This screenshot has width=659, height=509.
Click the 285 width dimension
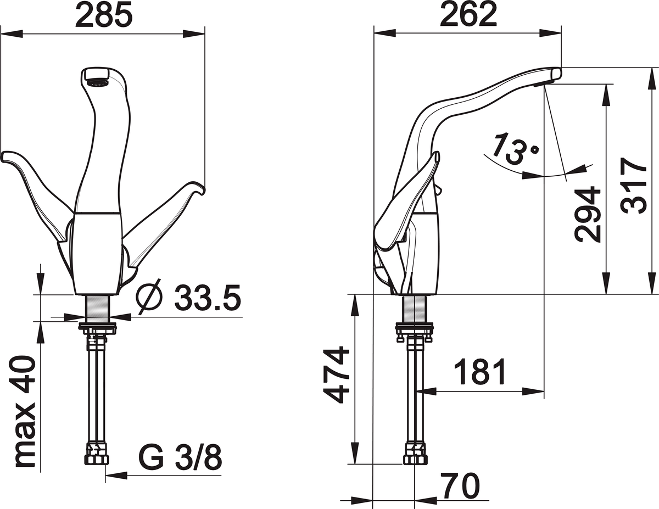[x=104, y=16]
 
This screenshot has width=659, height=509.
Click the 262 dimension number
[x=468, y=16]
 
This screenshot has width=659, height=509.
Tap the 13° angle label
[x=515, y=148]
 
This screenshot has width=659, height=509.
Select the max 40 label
[x=25, y=412]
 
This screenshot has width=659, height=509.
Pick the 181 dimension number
[x=479, y=373]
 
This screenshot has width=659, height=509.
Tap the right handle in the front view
[x=165, y=220]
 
